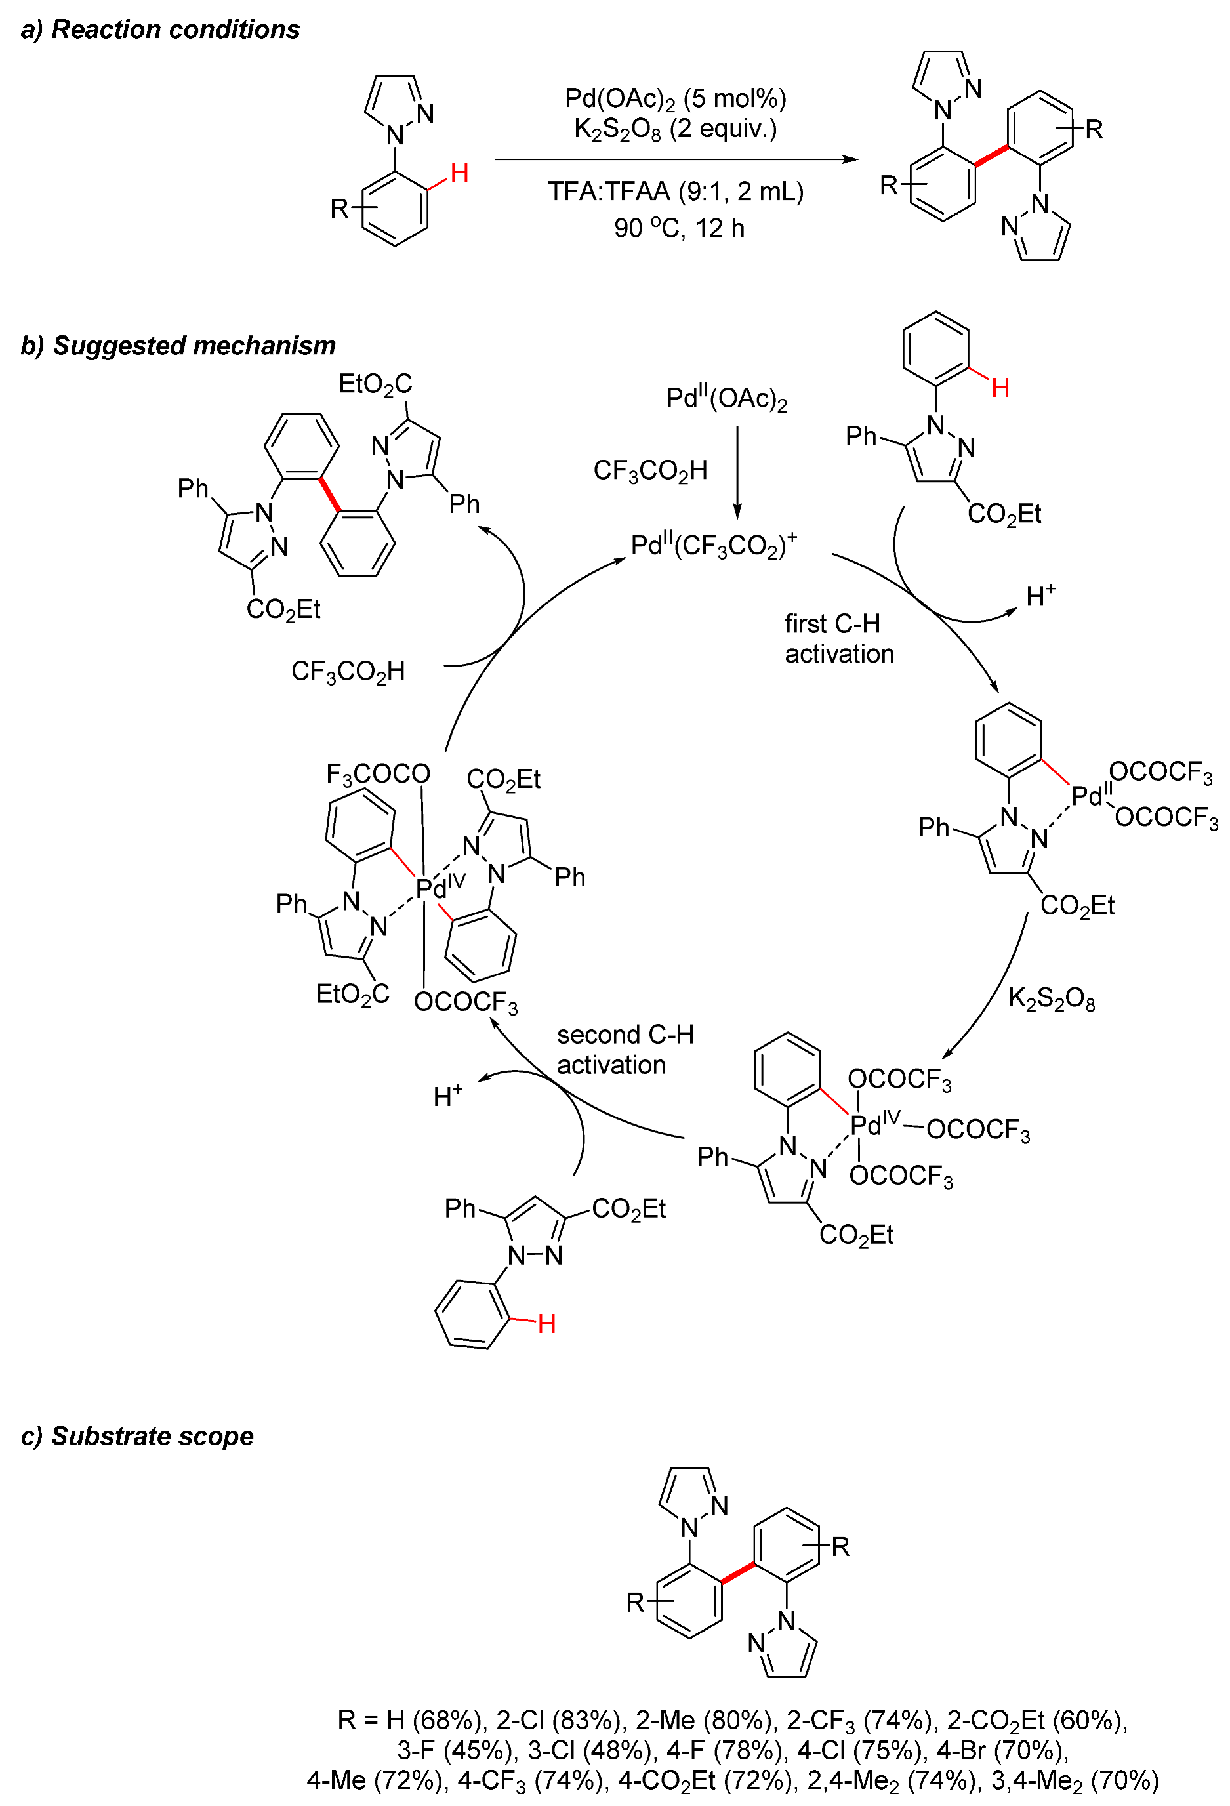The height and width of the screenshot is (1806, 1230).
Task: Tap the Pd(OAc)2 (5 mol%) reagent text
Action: pyautogui.click(x=674, y=98)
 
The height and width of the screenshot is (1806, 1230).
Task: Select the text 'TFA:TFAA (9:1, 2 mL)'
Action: pyautogui.click(x=675, y=191)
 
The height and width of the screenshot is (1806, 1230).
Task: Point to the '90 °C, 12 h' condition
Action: pyautogui.click(x=678, y=228)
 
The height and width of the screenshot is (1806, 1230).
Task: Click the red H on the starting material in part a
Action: pyautogui.click(x=459, y=173)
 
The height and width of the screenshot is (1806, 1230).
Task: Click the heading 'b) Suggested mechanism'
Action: pyautogui.click(x=178, y=345)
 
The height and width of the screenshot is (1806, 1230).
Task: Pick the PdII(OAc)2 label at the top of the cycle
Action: pyautogui.click(x=726, y=399)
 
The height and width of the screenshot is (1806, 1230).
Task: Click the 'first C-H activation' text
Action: pyautogui.click(x=838, y=638)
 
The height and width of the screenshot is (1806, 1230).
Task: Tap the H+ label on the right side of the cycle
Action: pyautogui.click(x=1040, y=596)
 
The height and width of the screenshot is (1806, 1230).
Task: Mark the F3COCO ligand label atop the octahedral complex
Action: pyautogui.click(x=378, y=773)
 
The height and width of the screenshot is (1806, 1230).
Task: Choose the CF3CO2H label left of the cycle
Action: pyautogui.click(x=348, y=670)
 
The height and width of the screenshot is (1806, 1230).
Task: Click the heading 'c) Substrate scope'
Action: pyautogui.click(x=138, y=1436)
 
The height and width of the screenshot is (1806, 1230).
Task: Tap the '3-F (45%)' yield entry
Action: pyautogui.click(x=456, y=1750)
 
